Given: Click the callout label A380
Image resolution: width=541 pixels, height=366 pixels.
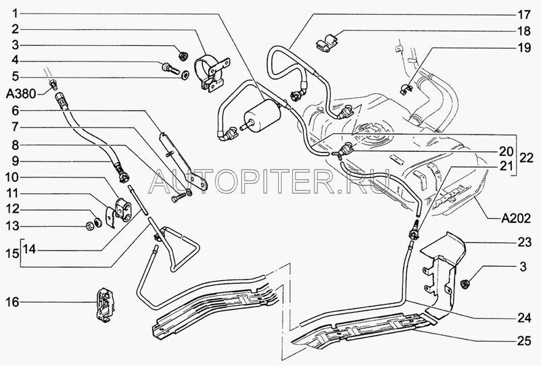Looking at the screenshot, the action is (x=21, y=93).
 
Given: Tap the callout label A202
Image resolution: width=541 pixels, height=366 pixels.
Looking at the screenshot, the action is (x=516, y=218).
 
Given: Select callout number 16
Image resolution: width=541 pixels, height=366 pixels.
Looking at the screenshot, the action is (x=12, y=303).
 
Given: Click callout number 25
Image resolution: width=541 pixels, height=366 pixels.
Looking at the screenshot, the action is (x=523, y=341).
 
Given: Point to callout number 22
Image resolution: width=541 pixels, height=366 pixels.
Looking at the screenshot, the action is (x=526, y=157).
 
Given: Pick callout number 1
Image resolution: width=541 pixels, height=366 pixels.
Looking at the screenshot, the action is (x=15, y=14).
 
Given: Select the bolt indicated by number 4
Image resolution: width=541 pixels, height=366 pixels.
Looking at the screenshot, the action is (x=170, y=68).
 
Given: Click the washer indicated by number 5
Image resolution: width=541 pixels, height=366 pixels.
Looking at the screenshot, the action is (x=185, y=74).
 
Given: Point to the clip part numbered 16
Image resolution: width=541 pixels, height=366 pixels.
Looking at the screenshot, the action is (x=105, y=305).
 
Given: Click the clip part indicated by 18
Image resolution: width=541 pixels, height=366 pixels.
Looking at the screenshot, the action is (x=327, y=43).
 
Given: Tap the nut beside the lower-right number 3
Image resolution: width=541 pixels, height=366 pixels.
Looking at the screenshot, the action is (x=465, y=284).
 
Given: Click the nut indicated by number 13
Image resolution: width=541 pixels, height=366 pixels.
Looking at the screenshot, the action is (x=90, y=226).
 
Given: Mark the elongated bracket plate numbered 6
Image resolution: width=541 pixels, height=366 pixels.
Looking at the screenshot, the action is (x=183, y=161).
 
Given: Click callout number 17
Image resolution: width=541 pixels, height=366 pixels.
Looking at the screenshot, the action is (x=523, y=14).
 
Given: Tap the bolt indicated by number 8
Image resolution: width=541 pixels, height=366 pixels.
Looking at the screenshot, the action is (x=178, y=199).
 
